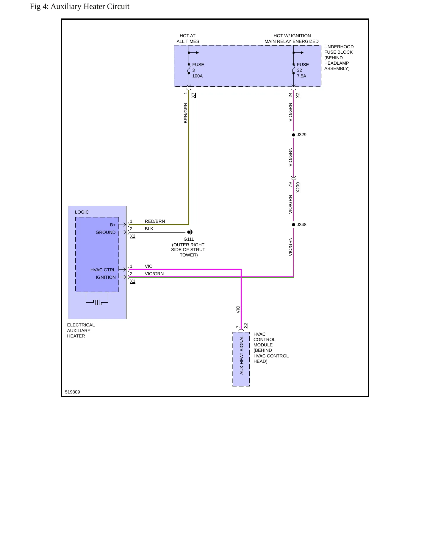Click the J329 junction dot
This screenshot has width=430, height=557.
[293, 135]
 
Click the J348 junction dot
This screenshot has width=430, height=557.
[293, 225]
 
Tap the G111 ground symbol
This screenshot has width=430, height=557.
[190, 232]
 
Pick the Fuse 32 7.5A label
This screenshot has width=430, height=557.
[303, 70]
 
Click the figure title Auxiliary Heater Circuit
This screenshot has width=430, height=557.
[79, 7]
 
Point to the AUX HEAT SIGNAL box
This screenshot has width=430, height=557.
[241, 359]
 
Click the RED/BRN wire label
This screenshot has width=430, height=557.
[155, 221]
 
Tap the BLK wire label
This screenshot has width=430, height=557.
[149, 229]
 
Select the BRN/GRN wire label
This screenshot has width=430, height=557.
[186, 113]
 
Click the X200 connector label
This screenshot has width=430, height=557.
[298, 187]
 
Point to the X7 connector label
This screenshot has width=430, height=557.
[193, 95]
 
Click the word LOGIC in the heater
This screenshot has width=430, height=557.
[82, 212]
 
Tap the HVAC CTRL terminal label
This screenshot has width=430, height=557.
[103, 270]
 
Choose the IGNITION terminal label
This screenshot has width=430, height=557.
[106, 277]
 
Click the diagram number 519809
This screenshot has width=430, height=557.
[72, 392]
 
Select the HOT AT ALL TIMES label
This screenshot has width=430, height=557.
[188, 38]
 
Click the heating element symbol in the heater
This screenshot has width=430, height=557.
[97, 299]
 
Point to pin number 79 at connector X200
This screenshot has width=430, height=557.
[290, 185]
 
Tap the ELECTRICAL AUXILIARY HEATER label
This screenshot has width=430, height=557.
[81, 330]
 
